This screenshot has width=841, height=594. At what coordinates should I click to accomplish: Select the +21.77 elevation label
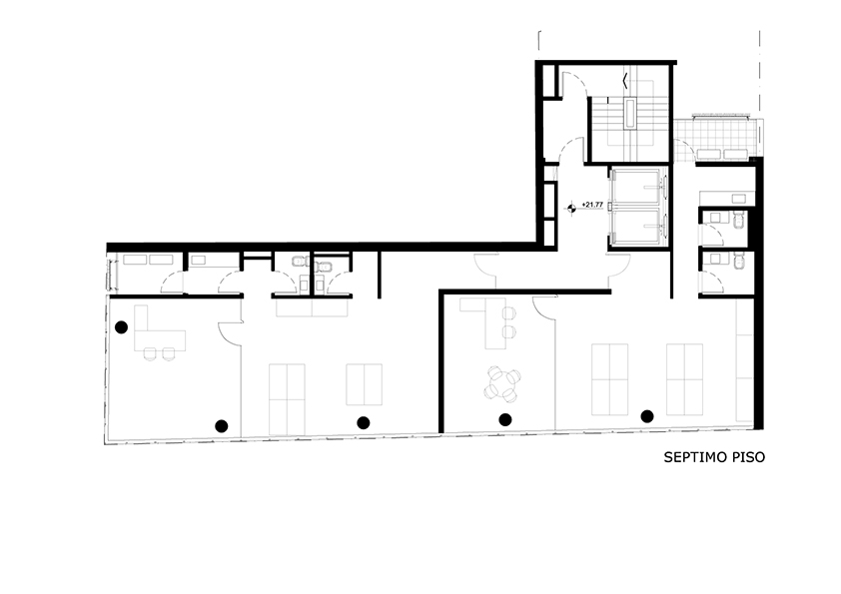tap(592, 205)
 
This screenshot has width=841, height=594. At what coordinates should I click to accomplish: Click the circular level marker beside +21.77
tap(572, 208)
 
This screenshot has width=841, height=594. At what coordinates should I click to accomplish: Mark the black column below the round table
tap(504, 419)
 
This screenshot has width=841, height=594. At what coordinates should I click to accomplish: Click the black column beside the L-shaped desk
tap(121, 327)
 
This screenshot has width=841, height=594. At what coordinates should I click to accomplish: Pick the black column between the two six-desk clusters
tap(647, 416)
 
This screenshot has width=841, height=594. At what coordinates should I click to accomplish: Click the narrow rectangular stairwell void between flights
tap(630, 113)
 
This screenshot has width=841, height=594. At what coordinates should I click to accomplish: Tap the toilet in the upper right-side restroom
tap(739, 220)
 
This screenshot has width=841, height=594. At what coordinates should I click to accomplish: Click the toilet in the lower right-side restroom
tap(739, 262)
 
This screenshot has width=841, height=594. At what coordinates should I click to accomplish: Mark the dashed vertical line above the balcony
tap(759, 69)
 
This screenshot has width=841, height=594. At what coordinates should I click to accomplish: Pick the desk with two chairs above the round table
tap(488, 322)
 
